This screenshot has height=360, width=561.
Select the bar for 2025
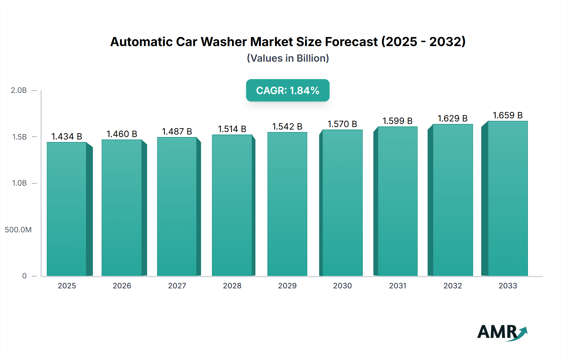67,209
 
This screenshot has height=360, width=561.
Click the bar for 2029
287,204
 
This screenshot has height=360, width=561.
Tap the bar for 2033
508,198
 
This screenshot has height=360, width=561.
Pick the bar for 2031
397,201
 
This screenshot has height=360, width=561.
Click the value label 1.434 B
67,136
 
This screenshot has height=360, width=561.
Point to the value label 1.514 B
232,129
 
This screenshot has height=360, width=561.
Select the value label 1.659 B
507,115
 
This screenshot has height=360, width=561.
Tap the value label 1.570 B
342,124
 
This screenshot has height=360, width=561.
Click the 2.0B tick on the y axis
19,90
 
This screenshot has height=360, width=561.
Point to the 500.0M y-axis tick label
18,230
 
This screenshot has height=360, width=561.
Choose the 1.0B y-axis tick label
19,183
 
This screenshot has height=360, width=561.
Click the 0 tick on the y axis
24,276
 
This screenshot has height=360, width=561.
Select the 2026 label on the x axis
122,286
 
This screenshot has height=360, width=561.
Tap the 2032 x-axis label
453,286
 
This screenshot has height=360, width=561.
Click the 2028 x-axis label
232,286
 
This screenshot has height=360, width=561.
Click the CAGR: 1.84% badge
288,90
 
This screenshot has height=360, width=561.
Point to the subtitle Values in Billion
288,58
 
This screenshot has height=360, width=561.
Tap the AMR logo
502,332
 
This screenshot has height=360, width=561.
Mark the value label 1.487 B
177,131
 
